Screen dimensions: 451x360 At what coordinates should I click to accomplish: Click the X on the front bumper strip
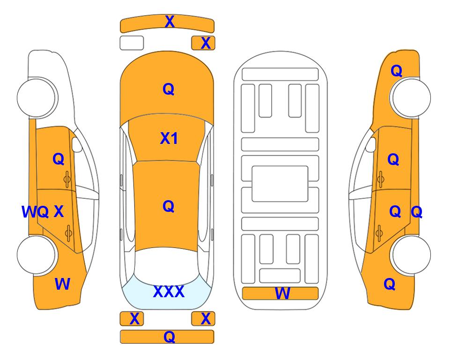click(170, 22)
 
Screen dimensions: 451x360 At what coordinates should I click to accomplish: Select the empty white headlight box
click(132, 43)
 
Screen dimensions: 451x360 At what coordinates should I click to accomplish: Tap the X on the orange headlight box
click(206, 43)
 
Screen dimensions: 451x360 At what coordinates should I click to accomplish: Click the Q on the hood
click(169, 89)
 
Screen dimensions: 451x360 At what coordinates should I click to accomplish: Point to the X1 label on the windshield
click(169, 138)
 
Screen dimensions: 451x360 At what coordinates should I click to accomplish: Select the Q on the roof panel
click(169, 206)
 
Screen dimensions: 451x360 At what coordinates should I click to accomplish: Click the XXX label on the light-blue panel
click(169, 292)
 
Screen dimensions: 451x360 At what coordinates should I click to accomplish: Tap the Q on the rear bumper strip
click(170, 337)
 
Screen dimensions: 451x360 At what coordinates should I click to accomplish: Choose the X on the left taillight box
click(134, 319)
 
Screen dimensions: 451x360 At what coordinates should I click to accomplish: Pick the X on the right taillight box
click(206, 319)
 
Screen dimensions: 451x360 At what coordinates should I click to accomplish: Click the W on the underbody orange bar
click(282, 293)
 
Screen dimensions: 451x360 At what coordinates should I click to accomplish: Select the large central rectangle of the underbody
click(280, 184)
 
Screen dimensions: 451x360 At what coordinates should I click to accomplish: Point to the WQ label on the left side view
click(35, 212)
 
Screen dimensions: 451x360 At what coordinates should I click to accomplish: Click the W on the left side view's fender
click(62, 284)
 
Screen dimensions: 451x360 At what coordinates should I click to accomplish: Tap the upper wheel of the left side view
click(37, 97)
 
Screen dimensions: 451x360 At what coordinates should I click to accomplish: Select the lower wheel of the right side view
click(410, 255)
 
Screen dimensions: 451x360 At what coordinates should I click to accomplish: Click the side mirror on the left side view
click(77, 144)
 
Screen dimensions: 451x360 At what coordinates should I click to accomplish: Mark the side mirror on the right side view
click(371, 144)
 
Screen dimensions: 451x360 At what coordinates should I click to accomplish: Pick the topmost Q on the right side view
click(396, 71)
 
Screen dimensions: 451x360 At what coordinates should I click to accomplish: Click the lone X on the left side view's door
click(59, 211)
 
